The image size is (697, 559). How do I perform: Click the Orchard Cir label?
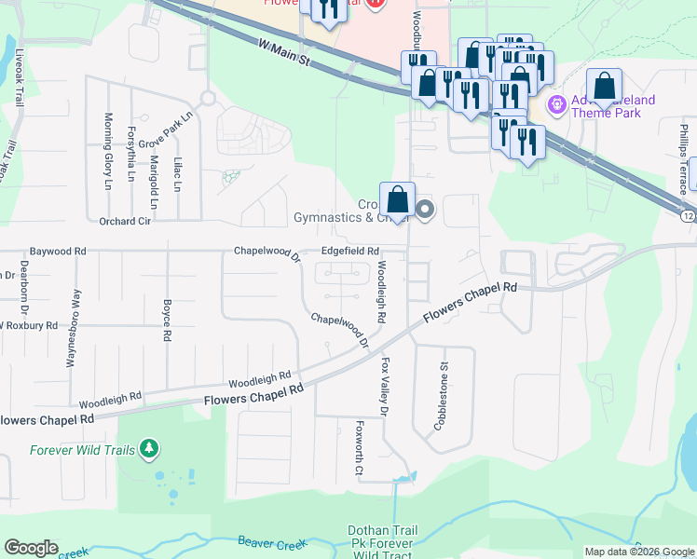click(124, 222)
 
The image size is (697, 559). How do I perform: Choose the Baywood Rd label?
click(57, 252)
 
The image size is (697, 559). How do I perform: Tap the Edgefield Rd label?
click(350, 252)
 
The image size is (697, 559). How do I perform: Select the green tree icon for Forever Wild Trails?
click(149, 450)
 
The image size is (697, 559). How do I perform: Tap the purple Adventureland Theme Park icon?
click(558, 104)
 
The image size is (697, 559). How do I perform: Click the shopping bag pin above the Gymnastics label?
click(397, 200)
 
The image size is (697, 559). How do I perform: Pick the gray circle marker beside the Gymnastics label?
click(425, 210)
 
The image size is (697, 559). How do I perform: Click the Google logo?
click(31, 548)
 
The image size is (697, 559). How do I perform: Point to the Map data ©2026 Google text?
click(638, 552)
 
